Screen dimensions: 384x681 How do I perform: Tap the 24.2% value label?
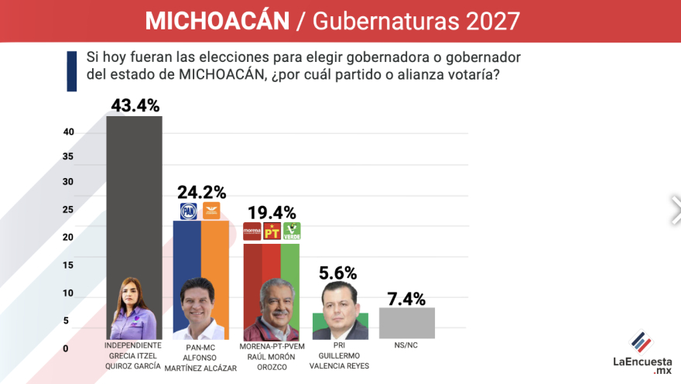tap(201, 192)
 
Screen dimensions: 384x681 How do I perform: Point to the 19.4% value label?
tap(272, 211)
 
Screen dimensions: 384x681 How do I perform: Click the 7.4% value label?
tap(406, 298)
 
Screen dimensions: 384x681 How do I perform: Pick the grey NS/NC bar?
tap(406, 323)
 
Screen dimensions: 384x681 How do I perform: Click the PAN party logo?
tap(189, 211)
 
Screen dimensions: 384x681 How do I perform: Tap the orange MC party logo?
tap(211, 211)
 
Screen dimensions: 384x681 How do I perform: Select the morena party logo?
tap(252, 231)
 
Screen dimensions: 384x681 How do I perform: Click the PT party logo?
tap(272, 231)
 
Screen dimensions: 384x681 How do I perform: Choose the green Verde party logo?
tap(292, 231)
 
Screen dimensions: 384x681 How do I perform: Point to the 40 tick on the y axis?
tap(69, 132)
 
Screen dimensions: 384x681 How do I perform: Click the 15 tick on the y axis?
tap(69, 266)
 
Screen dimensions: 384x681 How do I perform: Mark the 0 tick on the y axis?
tap(66, 348)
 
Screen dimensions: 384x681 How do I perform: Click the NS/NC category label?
tap(406, 345)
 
